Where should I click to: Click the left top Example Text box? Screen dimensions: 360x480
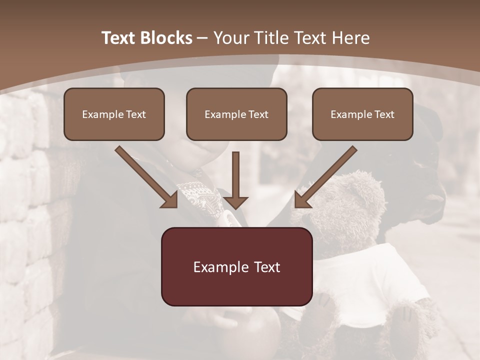[x=114, y=114]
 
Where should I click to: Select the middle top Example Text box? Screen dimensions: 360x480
[x=236, y=114]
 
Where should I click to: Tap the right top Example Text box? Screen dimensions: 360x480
[x=362, y=114]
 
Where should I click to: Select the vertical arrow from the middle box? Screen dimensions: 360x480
[x=235, y=180]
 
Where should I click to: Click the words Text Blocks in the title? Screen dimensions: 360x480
[x=146, y=38]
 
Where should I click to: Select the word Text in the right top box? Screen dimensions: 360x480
[x=384, y=114]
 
